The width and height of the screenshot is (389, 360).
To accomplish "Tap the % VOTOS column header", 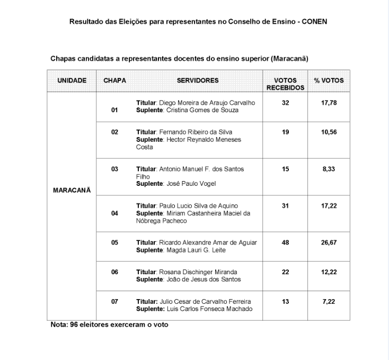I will pyautogui.click(x=329, y=80).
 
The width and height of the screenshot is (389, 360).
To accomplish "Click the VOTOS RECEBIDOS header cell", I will pyautogui.click(x=285, y=84).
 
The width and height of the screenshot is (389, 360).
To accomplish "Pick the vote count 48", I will pyautogui.click(x=285, y=242).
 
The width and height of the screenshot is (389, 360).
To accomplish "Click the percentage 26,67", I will pyautogui.click(x=329, y=242).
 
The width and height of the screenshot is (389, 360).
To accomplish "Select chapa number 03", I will pyautogui.click(x=114, y=169).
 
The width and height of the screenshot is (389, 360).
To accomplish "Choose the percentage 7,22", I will pyautogui.click(x=329, y=301).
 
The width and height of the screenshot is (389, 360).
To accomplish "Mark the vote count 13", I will pyautogui.click(x=285, y=301).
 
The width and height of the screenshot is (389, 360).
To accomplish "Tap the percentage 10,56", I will pyautogui.click(x=329, y=132).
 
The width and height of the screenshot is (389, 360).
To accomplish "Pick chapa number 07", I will pyautogui.click(x=114, y=301).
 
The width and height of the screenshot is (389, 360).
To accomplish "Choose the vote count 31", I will pyautogui.click(x=285, y=205).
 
